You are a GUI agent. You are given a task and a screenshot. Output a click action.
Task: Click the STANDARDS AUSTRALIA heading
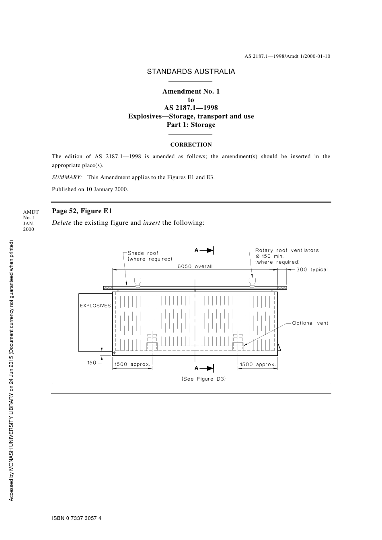(x=191, y=72)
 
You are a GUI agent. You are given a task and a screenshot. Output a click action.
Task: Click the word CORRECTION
(x=191, y=145)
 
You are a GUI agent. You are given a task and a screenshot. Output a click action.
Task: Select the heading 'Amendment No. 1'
(x=191, y=91)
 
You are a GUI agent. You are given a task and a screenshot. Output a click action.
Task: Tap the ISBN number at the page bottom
(x=77, y=518)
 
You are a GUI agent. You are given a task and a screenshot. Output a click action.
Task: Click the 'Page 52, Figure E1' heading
(x=82, y=211)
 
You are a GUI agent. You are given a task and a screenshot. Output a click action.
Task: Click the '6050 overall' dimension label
(x=195, y=266)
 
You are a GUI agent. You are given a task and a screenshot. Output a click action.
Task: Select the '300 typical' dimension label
(x=312, y=269)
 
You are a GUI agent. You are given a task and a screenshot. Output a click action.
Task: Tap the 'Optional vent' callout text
(x=310, y=323)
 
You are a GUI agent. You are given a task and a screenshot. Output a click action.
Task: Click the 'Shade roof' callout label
(x=143, y=253)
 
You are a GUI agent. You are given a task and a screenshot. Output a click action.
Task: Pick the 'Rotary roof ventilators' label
(x=287, y=250)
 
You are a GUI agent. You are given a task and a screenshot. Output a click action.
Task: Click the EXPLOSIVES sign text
(x=95, y=306)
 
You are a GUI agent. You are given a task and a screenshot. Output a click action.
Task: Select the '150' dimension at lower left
(x=92, y=363)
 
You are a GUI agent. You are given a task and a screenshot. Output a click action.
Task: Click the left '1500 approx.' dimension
(x=132, y=365)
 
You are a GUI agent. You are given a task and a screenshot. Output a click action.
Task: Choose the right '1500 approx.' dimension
(x=258, y=365)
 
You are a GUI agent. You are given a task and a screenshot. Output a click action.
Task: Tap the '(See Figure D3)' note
(x=203, y=379)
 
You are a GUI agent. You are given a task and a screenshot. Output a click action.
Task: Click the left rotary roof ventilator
(x=138, y=282)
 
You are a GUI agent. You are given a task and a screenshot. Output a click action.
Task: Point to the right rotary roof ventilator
(x=253, y=282)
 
